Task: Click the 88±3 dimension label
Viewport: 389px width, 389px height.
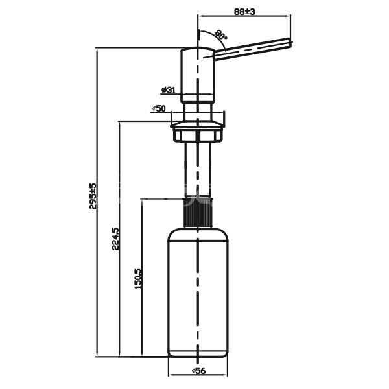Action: [x=244, y=12]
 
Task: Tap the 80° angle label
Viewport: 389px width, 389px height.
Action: [x=221, y=34]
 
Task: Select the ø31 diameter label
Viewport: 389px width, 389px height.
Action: [x=168, y=90]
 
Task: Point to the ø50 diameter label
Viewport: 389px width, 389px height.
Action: [x=159, y=108]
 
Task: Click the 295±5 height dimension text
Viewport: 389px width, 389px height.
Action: [x=92, y=196]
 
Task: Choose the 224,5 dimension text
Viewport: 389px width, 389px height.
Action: [x=115, y=239]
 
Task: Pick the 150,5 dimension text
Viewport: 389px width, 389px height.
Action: [x=137, y=278]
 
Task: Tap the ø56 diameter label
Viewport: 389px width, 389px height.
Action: [x=199, y=371]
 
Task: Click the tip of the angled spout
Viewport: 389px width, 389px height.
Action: [x=290, y=42]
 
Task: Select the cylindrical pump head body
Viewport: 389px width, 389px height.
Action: [x=198, y=75]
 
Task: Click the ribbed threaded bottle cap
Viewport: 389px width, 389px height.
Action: [x=198, y=212]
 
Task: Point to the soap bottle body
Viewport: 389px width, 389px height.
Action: [x=198, y=293]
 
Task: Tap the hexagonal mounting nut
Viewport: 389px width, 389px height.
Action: [x=198, y=136]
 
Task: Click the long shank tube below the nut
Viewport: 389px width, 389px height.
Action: [x=198, y=170]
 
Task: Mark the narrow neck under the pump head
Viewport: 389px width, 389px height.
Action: [x=198, y=112]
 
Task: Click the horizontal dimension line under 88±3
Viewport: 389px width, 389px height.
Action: [x=244, y=16]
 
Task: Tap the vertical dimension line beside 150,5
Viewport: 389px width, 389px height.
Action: [x=142, y=278]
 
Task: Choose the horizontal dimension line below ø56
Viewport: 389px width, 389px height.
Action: [x=198, y=375]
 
